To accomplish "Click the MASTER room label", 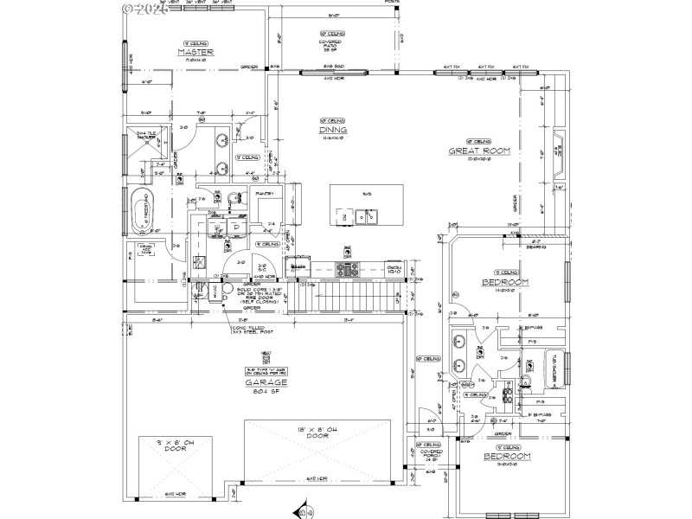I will [x=195, y=53].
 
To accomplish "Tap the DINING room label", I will [x=332, y=130].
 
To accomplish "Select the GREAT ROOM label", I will [x=479, y=151].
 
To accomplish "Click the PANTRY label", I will [x=264, y=194].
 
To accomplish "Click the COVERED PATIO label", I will [x=332, y=44].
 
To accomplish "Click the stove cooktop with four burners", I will [x=349, y=269].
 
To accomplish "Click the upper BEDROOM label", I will [x=504, y=282].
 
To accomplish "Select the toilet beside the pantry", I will [x=235, y=197].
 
